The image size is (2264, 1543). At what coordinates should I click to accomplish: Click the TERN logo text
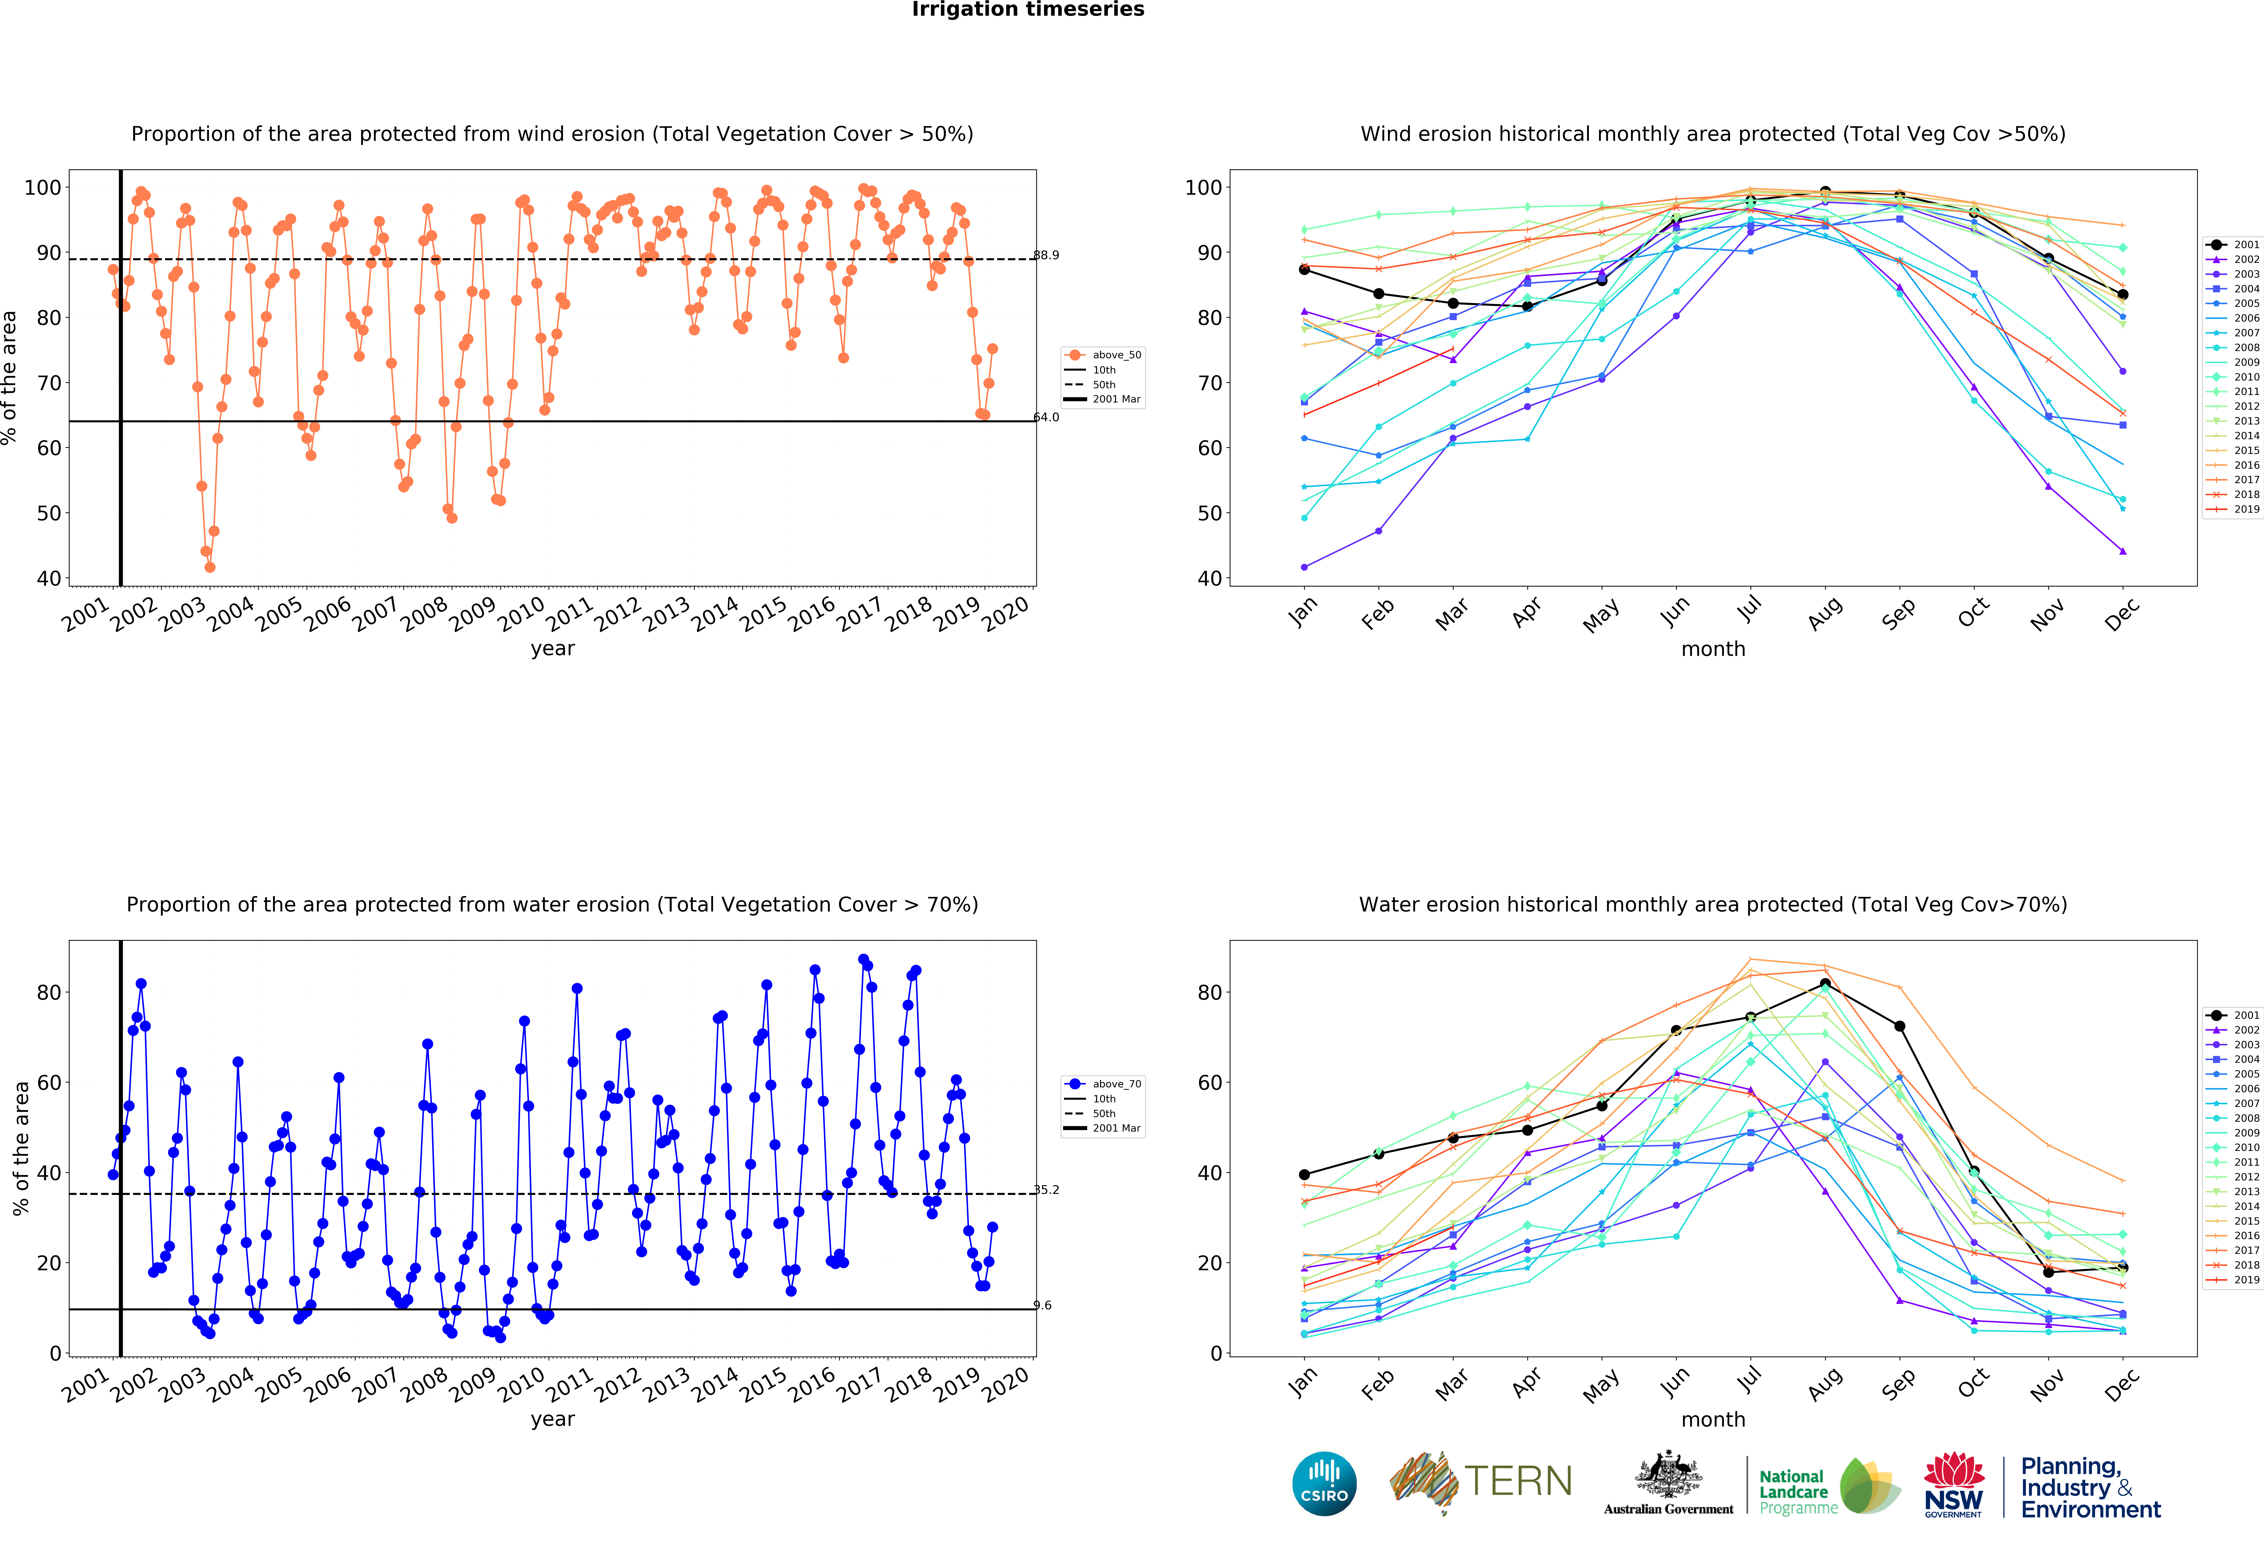coord(1518,1482)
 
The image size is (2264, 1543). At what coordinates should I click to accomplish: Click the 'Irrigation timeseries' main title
coord(1028,10)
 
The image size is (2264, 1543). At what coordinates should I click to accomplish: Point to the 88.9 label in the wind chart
coord(1046,255)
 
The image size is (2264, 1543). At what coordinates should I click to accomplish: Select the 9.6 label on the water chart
coord(1042,1305)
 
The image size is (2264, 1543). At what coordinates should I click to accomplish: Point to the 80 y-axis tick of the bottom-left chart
coord(49,993)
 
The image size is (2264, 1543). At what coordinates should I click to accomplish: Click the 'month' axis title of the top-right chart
coord(1713,649)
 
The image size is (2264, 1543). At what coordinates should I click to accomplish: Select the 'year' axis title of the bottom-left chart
coord(552,1419)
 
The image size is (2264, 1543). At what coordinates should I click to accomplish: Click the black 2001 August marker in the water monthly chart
coord(1825,984)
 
